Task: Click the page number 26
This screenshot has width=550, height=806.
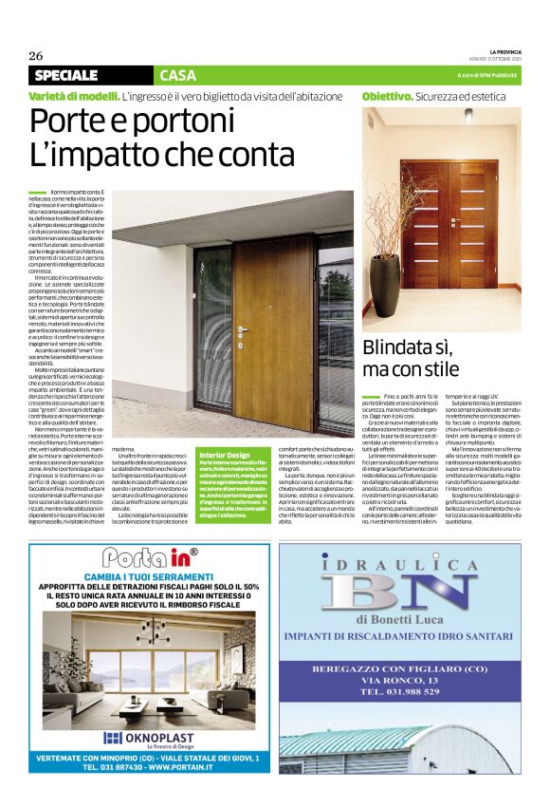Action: (35, 55)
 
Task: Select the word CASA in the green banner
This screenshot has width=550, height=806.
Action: (178, 75)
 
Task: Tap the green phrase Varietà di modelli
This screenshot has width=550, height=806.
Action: (73, 97)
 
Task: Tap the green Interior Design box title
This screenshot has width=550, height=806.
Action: (225, 457)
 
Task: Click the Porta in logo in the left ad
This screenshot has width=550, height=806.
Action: (140, 557)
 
